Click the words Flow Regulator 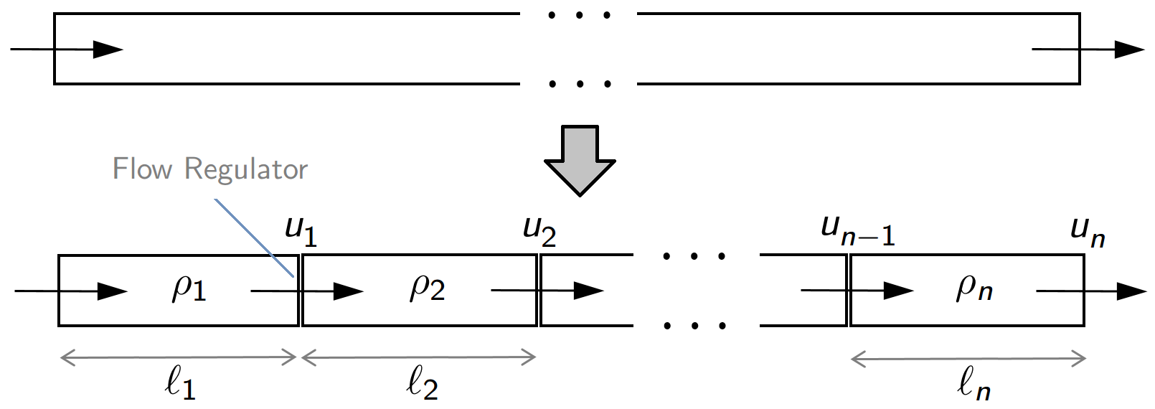tap(209, 169)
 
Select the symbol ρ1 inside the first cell tap(189, 288)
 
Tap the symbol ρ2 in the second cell tap(427, 288)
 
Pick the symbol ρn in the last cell tap(973, 288)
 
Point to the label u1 tap(301, 230)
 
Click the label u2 tap(539, 230)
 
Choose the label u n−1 tap(857, 230)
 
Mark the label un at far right tap(1087, 232)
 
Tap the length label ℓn tap(973, 385)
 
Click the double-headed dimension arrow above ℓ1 tap(178, 357)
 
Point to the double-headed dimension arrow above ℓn tap(968, 358)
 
